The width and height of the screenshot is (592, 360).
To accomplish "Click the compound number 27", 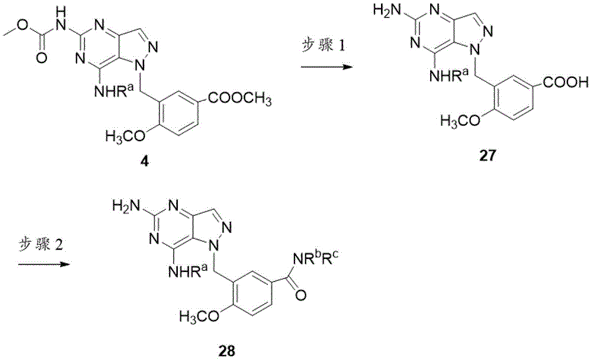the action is [x=487, y=155].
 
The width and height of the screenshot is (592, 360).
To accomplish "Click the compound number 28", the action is [x=227, y=351].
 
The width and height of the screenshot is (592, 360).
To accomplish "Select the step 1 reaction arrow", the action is [x=327, y=67].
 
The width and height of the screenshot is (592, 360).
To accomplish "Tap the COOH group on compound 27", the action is [x=565, y=82].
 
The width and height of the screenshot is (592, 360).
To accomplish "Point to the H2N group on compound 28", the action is [x=127, y=207].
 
